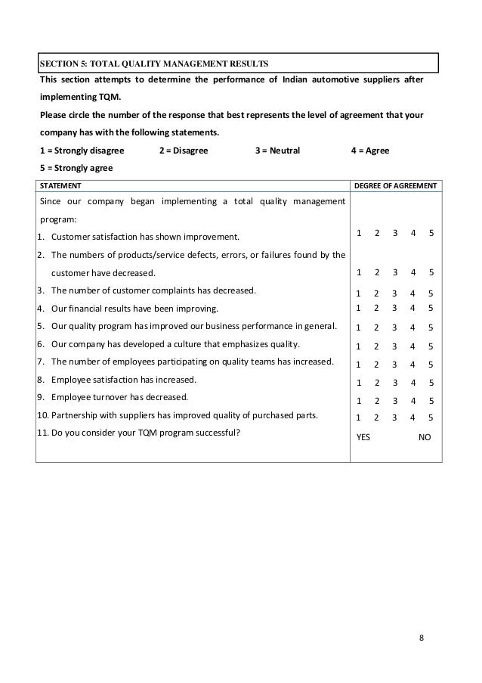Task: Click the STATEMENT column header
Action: click(x=61, y=185)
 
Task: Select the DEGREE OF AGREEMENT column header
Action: click(x=396, y=185)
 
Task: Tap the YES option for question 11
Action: click(x=363, y=436)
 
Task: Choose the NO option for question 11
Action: click(x=426, y=436)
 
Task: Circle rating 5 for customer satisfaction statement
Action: click(x=431, y=233)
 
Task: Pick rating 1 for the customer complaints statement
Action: click(x=359, y=293)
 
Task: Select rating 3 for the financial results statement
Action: click(x=395, y=308)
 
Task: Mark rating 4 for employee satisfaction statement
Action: click(x=413, y=383)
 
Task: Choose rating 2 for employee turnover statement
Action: click(x=377, y=399)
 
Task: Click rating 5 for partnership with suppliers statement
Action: click(x=431, y=417)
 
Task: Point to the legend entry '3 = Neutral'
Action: click(x=277, y=151)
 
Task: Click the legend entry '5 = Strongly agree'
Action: click(x=76, y=168)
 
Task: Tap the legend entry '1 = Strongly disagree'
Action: click(x=81, y=151)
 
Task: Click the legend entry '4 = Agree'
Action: click(x=370, y=151)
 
